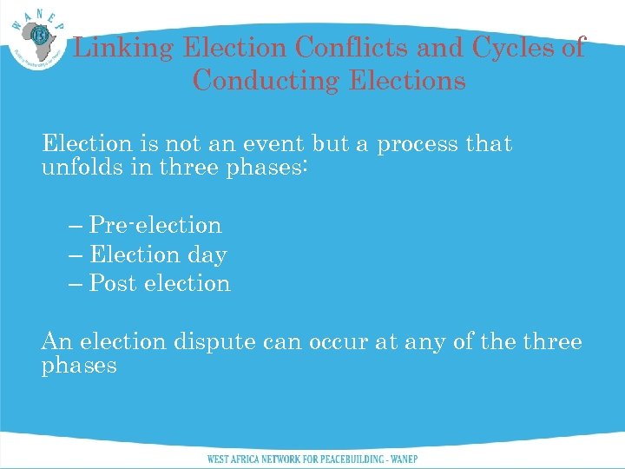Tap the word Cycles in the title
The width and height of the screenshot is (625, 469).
coord(512,48)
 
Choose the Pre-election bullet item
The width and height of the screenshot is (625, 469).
coord(155,225)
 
